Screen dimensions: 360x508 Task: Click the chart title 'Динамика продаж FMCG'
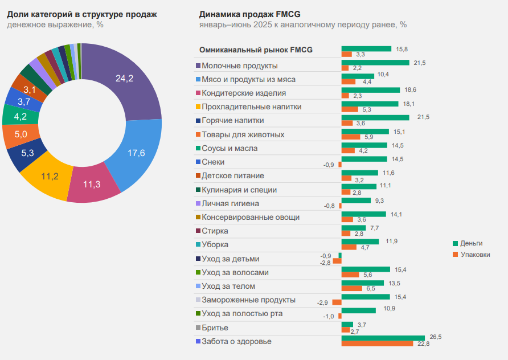249,14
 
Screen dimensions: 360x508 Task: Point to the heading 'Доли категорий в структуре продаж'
81,14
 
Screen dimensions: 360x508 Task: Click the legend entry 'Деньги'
471,243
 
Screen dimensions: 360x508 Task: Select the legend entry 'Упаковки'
474,255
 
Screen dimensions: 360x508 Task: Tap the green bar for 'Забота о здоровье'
383,338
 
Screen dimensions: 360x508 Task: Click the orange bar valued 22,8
377,343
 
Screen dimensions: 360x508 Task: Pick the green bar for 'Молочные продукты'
375,62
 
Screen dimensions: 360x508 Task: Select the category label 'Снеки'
214,162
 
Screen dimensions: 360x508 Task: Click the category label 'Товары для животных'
243,134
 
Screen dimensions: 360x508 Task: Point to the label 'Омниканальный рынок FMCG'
256,50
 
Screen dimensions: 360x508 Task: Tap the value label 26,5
435,337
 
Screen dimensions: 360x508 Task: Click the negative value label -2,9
322,302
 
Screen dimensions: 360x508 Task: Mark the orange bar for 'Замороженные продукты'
337,302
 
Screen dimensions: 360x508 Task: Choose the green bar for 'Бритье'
347,324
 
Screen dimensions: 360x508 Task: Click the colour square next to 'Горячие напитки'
198,121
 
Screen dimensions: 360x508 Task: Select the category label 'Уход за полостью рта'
242,313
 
